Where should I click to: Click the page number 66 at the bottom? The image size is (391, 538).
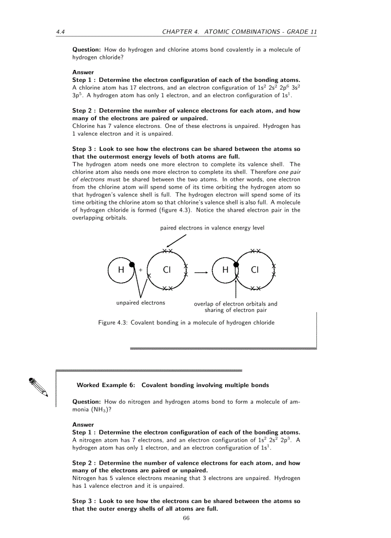coord(186,518)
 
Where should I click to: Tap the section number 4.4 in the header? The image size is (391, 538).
coord(60,32)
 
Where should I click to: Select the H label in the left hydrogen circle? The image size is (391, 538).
coord(121,270)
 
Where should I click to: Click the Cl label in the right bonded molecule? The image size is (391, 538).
coord(254,270)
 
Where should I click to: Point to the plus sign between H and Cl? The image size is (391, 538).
coord(141,270)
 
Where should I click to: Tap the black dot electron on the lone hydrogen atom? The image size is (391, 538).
coord(132,264)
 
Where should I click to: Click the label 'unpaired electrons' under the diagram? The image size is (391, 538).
coord(140,303)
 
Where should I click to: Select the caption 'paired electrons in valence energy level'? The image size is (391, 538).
coord(212,228)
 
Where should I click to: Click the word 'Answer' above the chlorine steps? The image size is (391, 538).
coord(83,72)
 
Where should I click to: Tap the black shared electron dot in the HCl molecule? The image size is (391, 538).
coord(236,264)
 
